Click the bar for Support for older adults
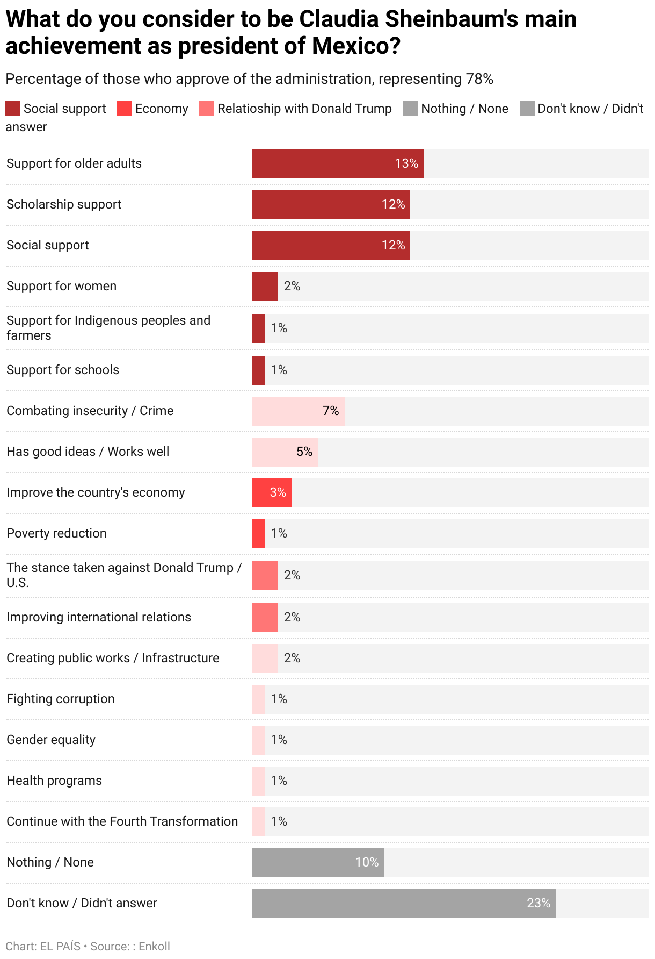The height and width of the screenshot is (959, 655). (x=338, y=164)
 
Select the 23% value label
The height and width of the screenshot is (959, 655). (x=538, y=903)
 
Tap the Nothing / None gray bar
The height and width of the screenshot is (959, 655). (x=318, y=862)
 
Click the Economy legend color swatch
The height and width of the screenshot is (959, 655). (x=124, y=109)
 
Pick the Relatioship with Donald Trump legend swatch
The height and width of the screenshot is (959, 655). (x=206, y=109)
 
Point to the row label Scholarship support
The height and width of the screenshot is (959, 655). (x=64, y=204)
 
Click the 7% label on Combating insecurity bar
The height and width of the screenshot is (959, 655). (x=331, y=411)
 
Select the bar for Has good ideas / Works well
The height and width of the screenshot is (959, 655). (x=285, y=452)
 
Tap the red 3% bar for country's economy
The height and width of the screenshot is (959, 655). (x=272, y=492)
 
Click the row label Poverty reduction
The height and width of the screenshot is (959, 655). (x=56, y=533)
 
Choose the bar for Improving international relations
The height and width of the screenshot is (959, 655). (x=265, y=617)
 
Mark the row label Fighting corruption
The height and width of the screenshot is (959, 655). (x=61, y=699)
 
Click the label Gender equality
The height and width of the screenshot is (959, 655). (x=51, y=740)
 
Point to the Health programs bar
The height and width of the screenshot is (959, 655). (x=259, y=781)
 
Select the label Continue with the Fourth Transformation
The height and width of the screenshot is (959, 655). (x=122, y=821)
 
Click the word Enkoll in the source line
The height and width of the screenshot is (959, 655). (x=154, y=946)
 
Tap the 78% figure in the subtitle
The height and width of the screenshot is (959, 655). (x=479, y=79)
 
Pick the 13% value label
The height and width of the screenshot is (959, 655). (x=406, y=163)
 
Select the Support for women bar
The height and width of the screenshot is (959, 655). (x=265, y=286)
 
